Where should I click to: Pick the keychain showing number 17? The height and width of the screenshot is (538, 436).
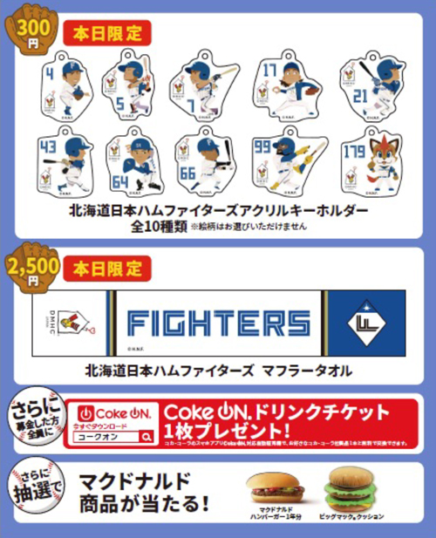(284, 85)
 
